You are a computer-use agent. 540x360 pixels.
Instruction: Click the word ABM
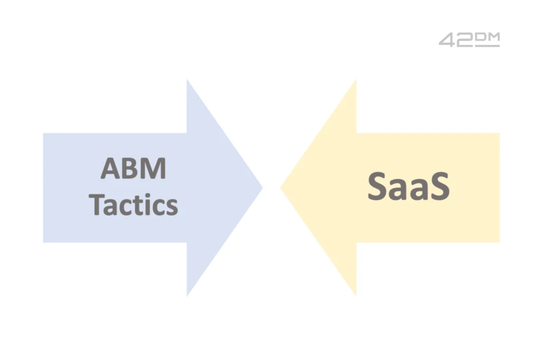pos(133,168)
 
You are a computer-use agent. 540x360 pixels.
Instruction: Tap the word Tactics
pos(133,205)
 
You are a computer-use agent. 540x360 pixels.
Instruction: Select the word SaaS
pos(409,186)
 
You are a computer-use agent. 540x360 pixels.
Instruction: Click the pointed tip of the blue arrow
pos(263,188)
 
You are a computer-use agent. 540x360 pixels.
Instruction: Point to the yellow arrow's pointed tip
pos(281,188)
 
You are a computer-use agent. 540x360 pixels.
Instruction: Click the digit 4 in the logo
pos(447,40)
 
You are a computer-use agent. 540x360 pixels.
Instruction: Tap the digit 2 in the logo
pos(465,40)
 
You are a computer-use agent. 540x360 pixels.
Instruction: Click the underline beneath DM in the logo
pos(487,45)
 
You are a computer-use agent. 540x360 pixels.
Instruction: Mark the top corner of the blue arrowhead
pos(187,79)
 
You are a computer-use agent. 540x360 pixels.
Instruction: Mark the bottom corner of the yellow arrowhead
pos(356,296)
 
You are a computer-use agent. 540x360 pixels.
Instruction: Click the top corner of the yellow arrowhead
pos(356,80)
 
